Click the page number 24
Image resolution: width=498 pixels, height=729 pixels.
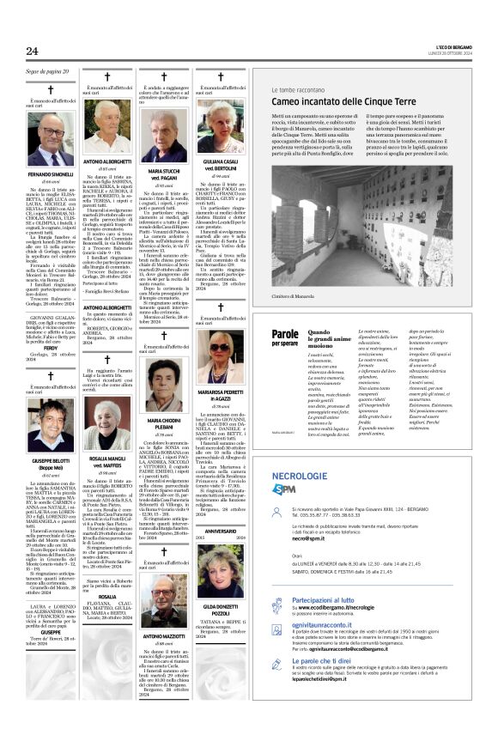pyautogui.click(x=32, y=52)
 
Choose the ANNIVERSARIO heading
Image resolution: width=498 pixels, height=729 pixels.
pyautogui.click(x=222, y=530)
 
